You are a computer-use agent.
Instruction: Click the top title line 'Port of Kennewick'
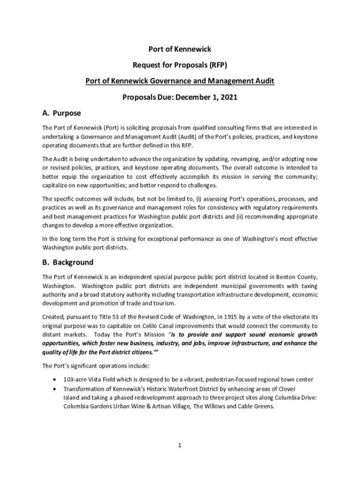(180, 49)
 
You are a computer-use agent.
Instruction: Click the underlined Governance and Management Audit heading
(180, 81)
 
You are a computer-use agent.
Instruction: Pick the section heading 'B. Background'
(68, 262)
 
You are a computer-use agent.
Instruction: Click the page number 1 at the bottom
(180, 445)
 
